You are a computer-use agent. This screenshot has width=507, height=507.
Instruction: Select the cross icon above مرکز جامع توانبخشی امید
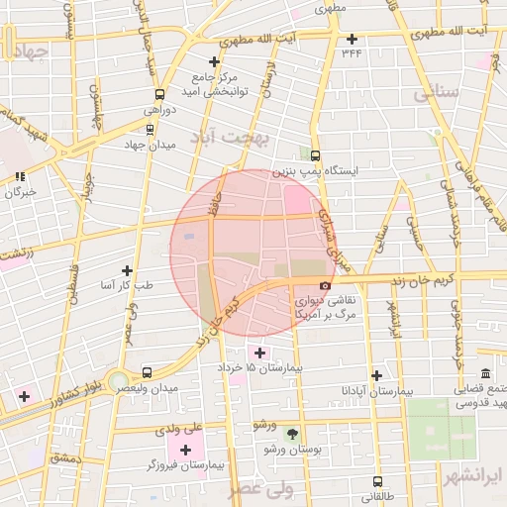point(214,61)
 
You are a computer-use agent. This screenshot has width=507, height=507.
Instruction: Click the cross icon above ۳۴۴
point(353,40)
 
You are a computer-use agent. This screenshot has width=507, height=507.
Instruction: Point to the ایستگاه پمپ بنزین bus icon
point(316,155)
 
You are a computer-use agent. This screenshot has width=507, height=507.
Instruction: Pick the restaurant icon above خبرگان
point(19,176)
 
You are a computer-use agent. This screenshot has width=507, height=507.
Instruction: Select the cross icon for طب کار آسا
point(126,269)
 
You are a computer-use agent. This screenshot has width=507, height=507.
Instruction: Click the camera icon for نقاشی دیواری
point(326,285)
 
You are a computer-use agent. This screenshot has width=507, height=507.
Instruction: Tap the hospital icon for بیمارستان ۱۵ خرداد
point(259,353)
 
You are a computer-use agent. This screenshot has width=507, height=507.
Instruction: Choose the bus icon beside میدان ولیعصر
point(148,372)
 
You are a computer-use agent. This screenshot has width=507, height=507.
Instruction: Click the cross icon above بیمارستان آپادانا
point(376,375)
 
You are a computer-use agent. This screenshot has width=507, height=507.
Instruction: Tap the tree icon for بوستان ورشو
point(291,433)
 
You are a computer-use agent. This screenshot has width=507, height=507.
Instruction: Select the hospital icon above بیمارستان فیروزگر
point(185,450)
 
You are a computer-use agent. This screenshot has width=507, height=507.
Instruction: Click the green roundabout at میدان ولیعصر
point(119,380)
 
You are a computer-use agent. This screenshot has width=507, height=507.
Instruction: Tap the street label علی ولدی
point(179,429)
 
